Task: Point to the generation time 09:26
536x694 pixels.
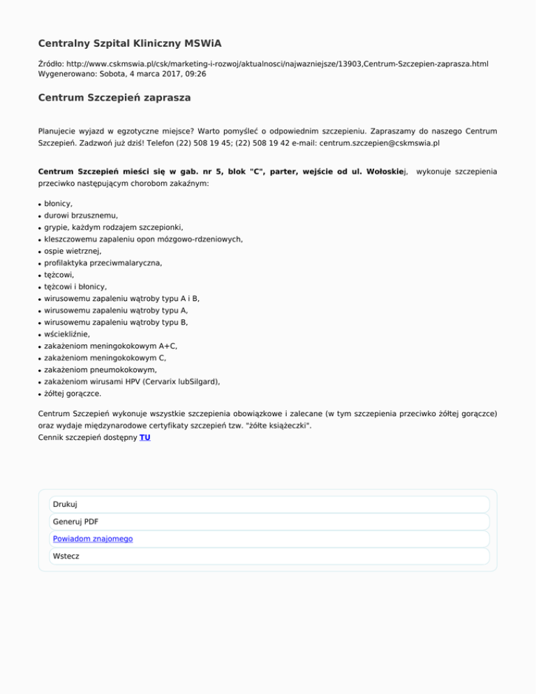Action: [x=195, y=73]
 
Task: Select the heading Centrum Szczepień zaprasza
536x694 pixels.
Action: [x=114, y=98]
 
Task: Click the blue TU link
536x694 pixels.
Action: [x=144, y=438]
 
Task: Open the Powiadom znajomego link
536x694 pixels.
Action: [x=93, y=539]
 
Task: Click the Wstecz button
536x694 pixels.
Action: [x=66, y=556]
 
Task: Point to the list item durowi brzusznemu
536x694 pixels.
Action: [x=81, y=216]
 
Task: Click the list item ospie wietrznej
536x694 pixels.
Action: [x=73, y=251]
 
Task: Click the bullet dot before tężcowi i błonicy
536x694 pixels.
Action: [x=40, y=287]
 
